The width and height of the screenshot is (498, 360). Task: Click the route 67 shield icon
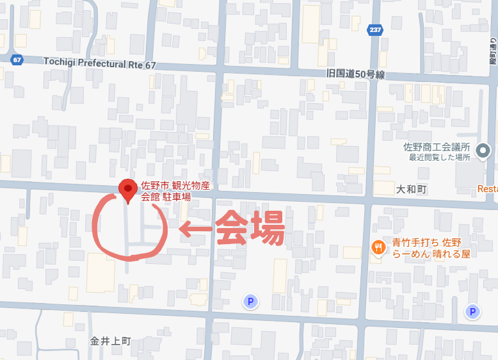coord(17,59)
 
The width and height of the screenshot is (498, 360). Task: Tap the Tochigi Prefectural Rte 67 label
coord(100,62)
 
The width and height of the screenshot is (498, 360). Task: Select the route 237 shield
coord(376,30)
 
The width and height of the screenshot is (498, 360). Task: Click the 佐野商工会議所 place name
coord(437,147)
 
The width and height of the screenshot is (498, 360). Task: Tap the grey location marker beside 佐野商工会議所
coord(484,151)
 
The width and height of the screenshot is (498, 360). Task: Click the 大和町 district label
coord(411,190)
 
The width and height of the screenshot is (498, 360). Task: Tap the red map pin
coord(127,190)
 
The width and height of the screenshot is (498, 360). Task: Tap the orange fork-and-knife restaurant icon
coord(378,247)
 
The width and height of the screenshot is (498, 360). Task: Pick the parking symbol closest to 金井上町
coord(250,301)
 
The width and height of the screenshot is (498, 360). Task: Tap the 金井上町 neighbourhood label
coord(110,341)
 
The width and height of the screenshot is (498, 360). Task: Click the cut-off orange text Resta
coord(487,190)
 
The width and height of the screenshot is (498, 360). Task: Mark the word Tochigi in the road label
coord(60,61)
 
